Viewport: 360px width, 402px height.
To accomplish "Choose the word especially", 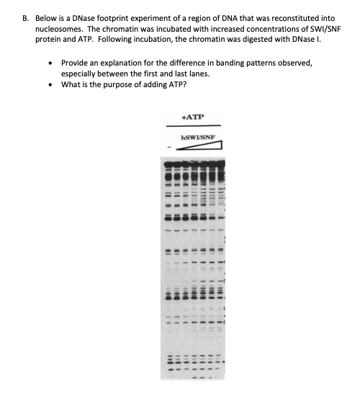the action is tap(84, 73).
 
